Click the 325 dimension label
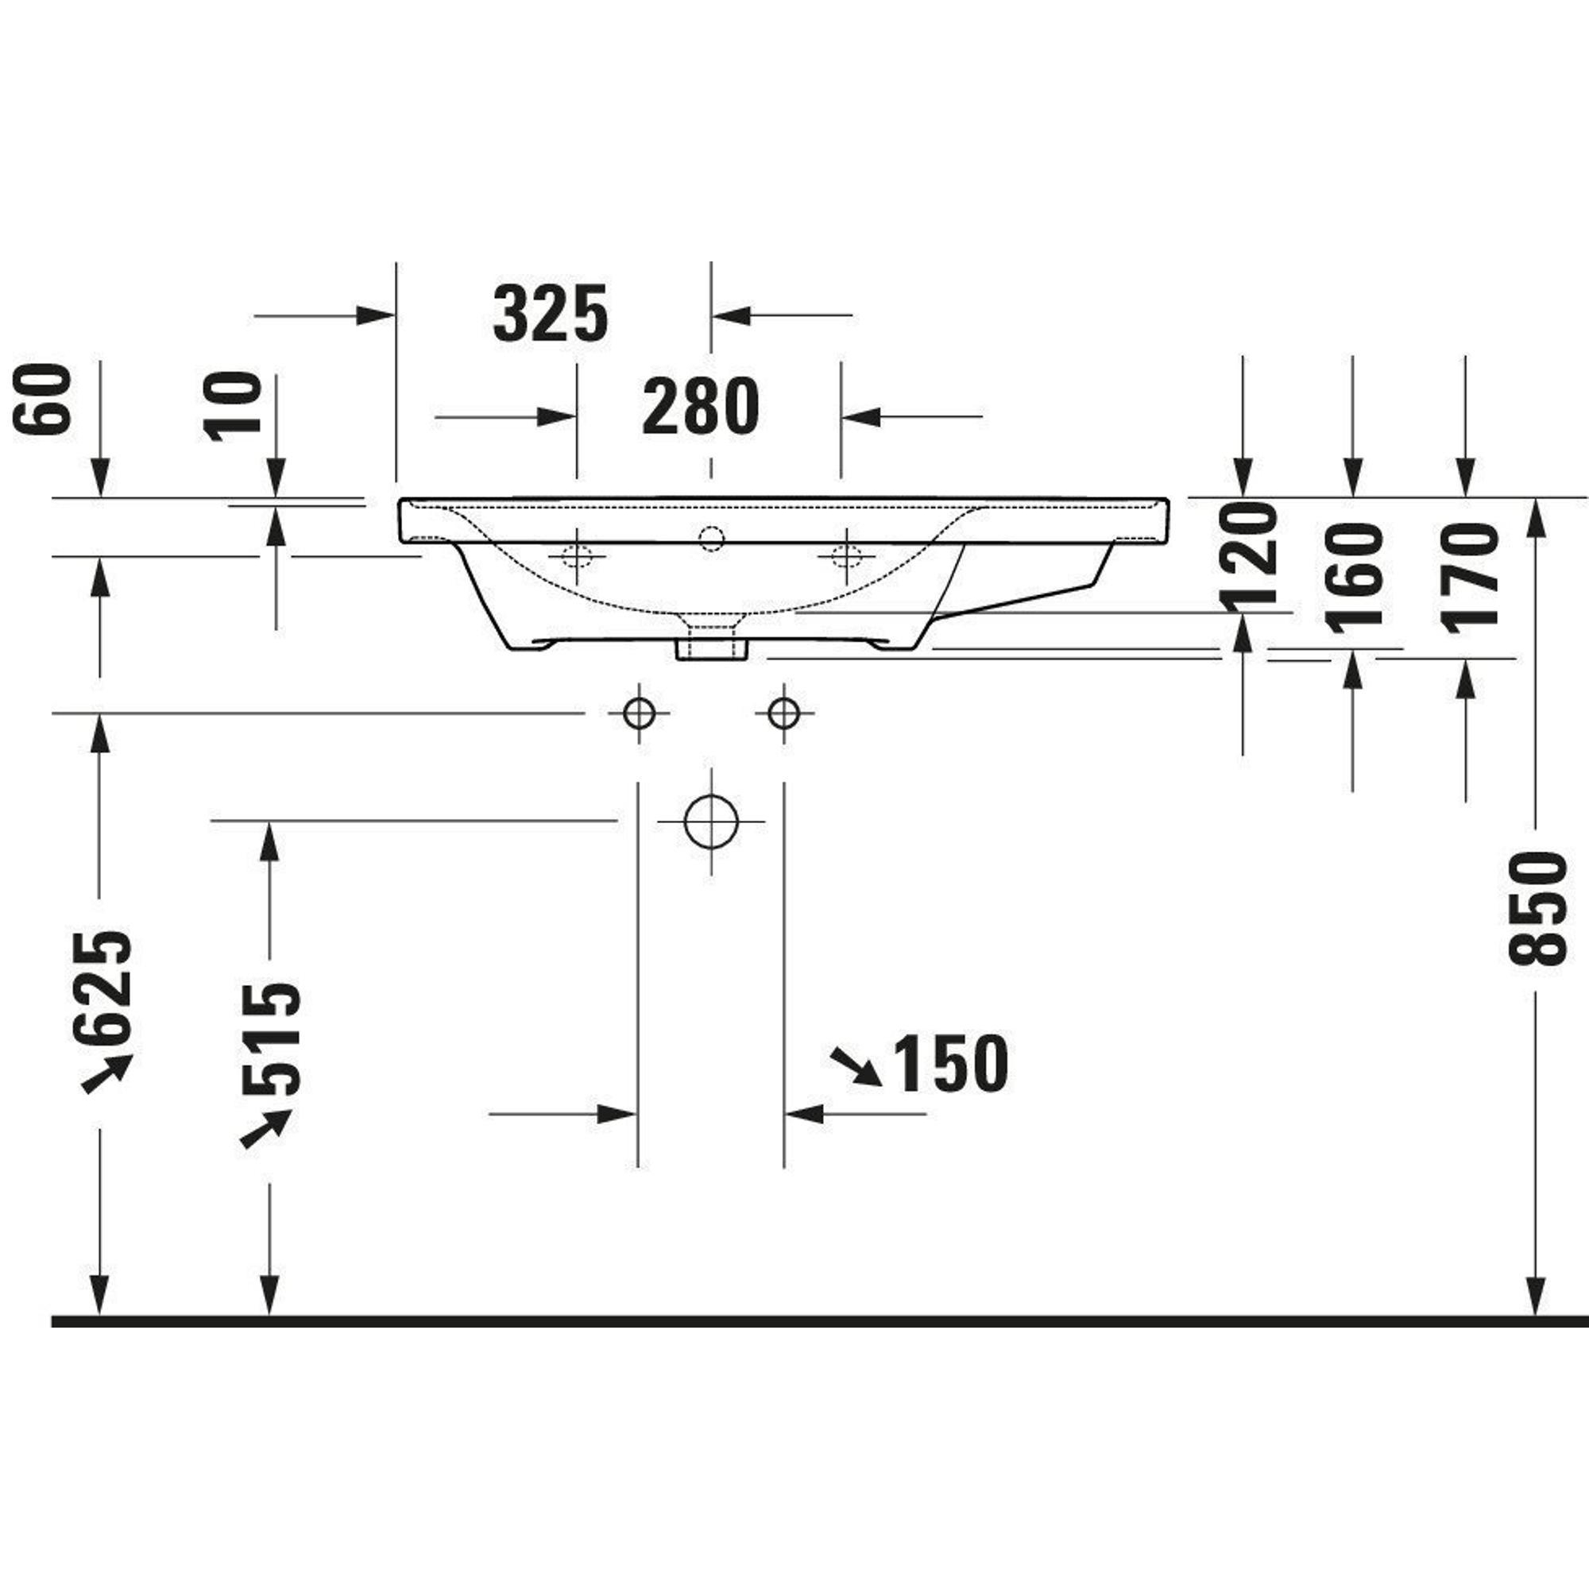coord(551,313)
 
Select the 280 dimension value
coord(701,406)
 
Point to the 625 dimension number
coord(102,988)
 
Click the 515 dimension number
coord(273,1038)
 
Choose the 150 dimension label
coord(951,1064)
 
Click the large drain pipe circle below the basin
coord(711,821)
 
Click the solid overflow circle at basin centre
coord(711,539)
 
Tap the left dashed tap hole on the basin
coord(578,557)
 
